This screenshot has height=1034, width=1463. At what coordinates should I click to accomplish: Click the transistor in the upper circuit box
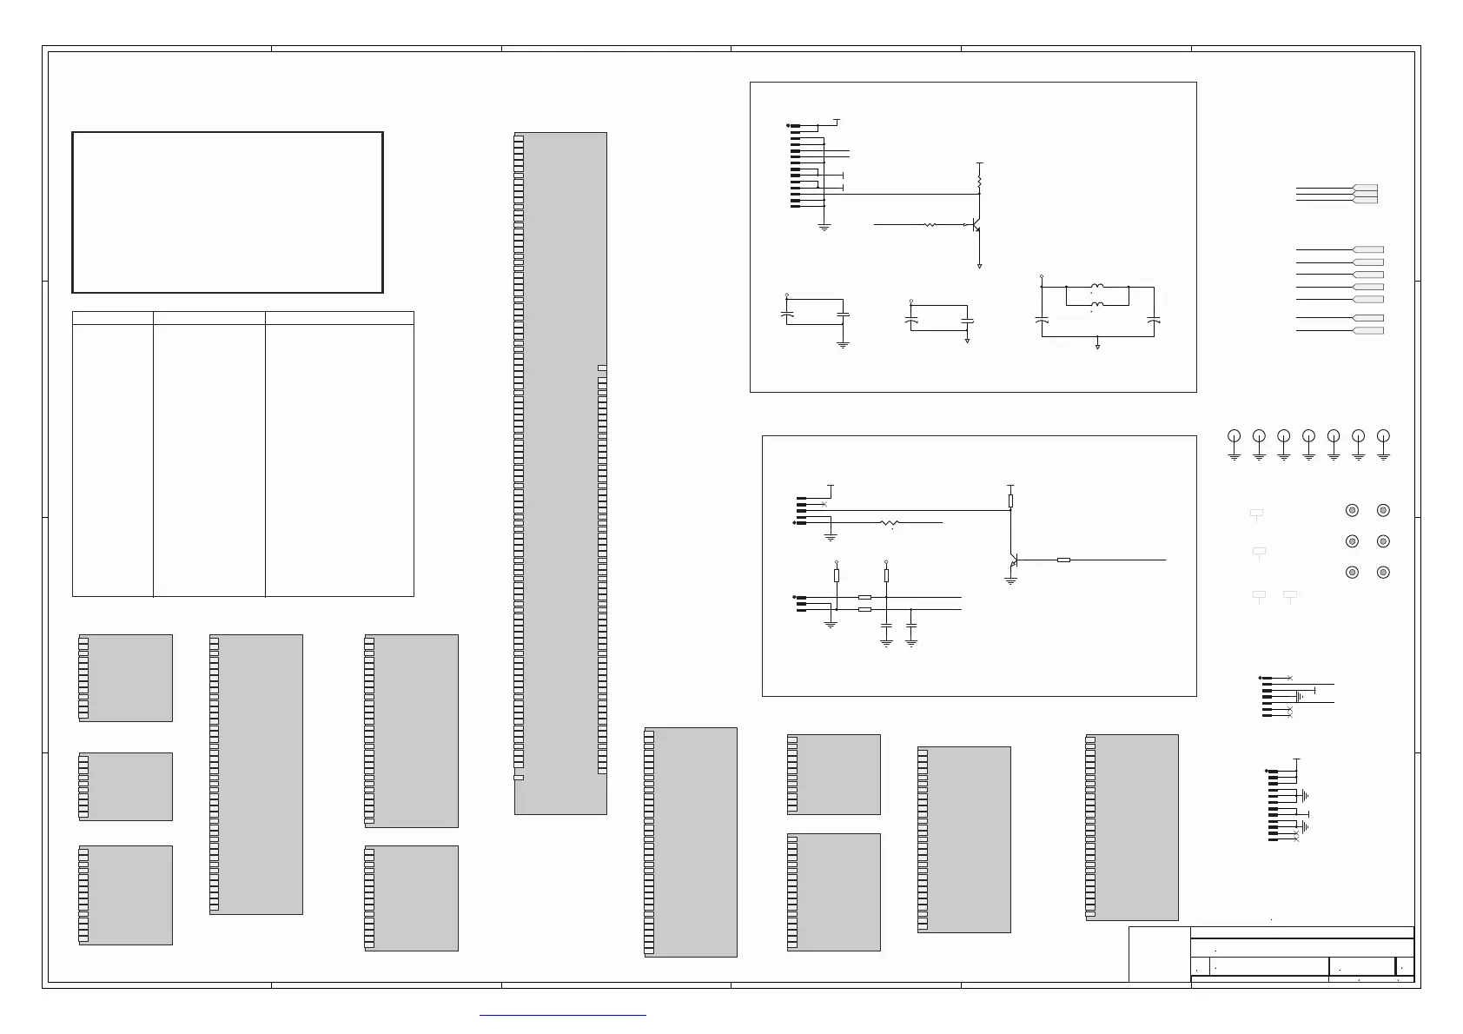[x=976, y=225]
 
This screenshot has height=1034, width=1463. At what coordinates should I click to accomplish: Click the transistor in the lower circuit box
[x=1012, y=561]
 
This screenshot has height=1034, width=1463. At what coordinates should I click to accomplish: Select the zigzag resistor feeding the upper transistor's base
[x=930, y=225]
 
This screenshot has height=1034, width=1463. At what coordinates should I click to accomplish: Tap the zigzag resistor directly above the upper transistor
[x=980, y=182]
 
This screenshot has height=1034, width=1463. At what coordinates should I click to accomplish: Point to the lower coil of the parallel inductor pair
[x=1097, y=304]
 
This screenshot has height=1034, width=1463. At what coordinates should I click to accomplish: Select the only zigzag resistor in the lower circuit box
[x=890, y=523]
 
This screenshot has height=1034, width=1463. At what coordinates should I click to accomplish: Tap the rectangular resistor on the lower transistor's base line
[x=1064, y=560]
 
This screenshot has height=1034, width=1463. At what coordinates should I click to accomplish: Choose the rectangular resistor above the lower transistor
[x=1010, y=500]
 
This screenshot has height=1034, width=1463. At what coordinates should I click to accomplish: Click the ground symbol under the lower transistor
[x=1010, y=580]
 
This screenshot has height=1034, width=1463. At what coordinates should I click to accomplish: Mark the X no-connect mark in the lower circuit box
[x=824, y=504]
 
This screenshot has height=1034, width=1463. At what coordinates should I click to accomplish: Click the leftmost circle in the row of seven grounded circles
[x=1234, y=435]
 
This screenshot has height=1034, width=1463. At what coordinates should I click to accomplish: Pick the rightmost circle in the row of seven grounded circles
[x=1384, y=435]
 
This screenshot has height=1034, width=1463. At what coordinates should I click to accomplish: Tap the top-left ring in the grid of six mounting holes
[x=1352, y=511]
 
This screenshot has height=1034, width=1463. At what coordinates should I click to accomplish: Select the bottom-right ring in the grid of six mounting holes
[x=1383, y=573]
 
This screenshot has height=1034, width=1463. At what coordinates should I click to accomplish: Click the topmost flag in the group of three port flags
[x=1366, y=188]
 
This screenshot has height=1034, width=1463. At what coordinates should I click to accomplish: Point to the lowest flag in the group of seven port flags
[x=1368, y=330]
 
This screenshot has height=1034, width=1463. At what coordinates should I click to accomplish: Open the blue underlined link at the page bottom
[x=563, y=1014]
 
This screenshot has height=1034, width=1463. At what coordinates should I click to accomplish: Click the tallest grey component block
[x=560, y=474]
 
